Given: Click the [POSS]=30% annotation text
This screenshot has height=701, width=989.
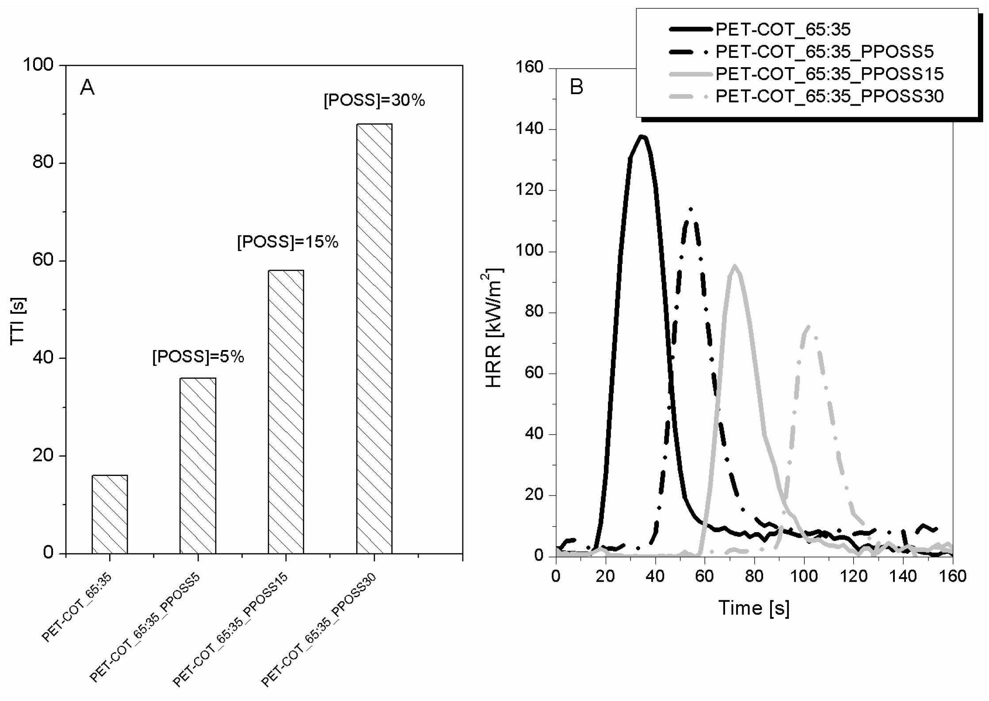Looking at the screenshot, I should click(x=374, y=101).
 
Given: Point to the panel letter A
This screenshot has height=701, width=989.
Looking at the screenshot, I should click(x=87, y=88).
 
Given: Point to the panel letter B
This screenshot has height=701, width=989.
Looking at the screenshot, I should click(x=577, y=87).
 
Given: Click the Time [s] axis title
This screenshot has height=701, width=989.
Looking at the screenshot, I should click(x=753, y=608).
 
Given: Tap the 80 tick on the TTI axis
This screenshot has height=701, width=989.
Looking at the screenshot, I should click(x=43, y=163).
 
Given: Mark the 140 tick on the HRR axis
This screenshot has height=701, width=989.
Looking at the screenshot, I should click(x=529, y=129).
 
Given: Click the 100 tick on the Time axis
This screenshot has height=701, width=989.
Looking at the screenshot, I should click(x=803, y=576).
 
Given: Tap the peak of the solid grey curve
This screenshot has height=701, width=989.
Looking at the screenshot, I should click(x=734, y=266).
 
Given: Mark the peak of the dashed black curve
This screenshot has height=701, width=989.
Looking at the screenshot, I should click(x=691, y=210).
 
